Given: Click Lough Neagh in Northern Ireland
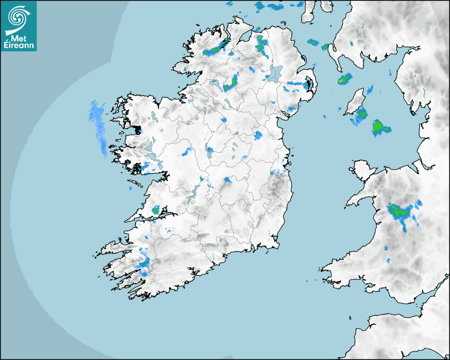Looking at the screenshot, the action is click(275, 73).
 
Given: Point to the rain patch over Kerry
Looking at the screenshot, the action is click(144, 261).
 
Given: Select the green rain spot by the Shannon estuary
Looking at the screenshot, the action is click(156, 210).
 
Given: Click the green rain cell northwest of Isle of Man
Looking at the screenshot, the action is click(345, 80).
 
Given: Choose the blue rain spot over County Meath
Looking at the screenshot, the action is click(258, 135).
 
